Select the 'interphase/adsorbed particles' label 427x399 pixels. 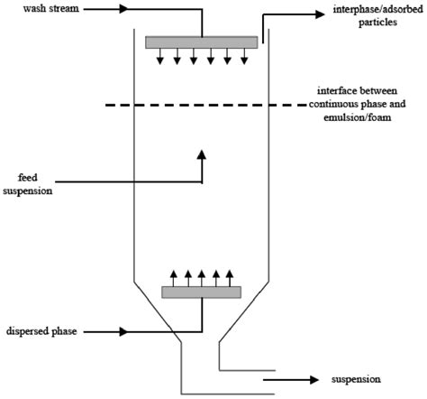point(370,19)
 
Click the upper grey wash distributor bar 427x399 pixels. point(201,42)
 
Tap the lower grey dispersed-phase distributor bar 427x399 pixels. point(201,292)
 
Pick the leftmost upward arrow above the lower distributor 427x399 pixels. point(171,274)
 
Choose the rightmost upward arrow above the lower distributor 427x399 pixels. point(230,274)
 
